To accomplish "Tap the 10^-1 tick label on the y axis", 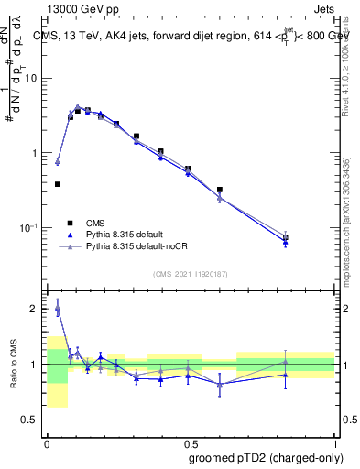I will pyautogui.click(x=31, y=228).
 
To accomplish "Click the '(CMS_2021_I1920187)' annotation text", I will pyautogui.click(x=189, y=274).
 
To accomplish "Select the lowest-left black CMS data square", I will pyautogui.click(x=58, y=184).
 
